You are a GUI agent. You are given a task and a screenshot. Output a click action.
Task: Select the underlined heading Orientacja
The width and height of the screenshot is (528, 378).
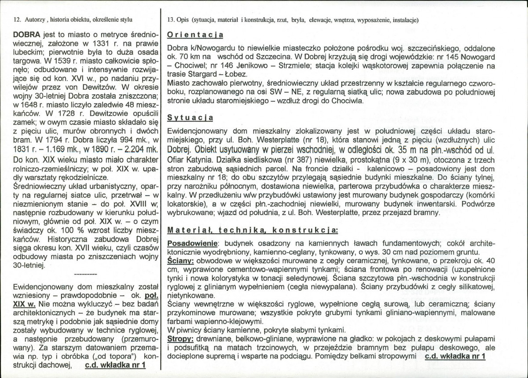coord(196,35)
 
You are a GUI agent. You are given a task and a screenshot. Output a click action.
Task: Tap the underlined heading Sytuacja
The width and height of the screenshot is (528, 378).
coord(191,118)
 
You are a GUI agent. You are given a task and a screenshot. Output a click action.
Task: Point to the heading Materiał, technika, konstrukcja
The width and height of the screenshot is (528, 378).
coord(253,229)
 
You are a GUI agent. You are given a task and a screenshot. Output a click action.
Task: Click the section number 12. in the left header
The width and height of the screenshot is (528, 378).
coord(18,20)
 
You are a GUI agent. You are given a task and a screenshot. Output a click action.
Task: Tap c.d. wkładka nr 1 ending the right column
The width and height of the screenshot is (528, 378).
coord(455,356)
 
